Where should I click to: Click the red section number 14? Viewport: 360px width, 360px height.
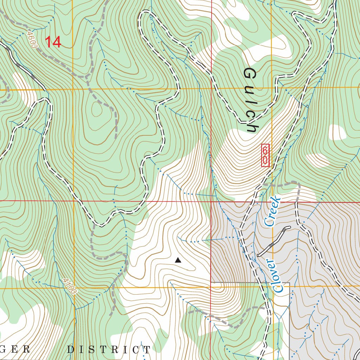(53, 42)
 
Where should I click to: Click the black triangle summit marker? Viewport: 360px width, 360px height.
(178, 260)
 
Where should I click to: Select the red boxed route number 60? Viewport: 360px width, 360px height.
(265, 155)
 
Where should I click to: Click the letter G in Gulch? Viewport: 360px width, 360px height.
(249, 73)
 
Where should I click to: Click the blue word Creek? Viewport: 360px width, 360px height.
(273, 211)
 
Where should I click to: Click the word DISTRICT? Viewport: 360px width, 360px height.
(109, 349)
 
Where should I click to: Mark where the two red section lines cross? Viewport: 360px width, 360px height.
(211, 201)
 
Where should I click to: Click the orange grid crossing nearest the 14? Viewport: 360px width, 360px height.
(73, 90)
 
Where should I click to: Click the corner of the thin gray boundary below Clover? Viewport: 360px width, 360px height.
(289, 282)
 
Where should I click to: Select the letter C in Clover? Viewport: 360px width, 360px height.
(279, 289)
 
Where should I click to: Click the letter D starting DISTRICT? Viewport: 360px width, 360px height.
(70, 349)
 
